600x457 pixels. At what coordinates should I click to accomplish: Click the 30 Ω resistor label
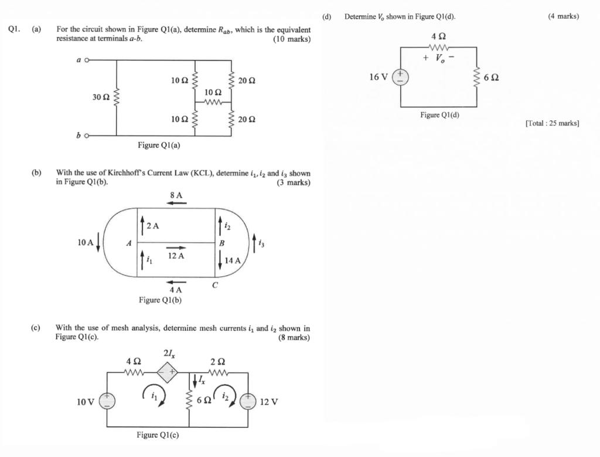coord(101,97)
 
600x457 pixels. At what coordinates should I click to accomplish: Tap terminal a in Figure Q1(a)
coord(87,60)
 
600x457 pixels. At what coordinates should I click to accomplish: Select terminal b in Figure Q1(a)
coord(87,136)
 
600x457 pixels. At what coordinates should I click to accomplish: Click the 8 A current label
coord(176,195)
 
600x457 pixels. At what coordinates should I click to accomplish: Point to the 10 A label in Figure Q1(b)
coord(86,242)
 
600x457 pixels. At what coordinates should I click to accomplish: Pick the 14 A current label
coord(233,260)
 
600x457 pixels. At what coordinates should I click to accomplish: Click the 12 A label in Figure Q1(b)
coord(176,256)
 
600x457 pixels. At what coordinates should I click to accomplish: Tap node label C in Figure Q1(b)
coord(215,285)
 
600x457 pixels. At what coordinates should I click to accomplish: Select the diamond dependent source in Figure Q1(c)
coord(168,372)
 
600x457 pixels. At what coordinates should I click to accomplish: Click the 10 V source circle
coord(107,401)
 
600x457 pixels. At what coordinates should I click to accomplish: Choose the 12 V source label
coord(268,402)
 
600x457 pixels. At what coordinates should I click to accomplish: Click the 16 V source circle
coord(401,77)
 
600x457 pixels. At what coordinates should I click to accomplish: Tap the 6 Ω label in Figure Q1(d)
coord(491,77)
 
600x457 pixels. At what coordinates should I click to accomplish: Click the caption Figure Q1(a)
coord(159,145)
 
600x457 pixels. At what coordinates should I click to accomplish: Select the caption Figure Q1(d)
coord(439,115)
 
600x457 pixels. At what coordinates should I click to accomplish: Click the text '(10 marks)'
coord(292,39)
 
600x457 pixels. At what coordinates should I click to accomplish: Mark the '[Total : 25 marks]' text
coord(553,123)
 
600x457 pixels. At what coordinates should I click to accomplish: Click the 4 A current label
coord(175,290)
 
